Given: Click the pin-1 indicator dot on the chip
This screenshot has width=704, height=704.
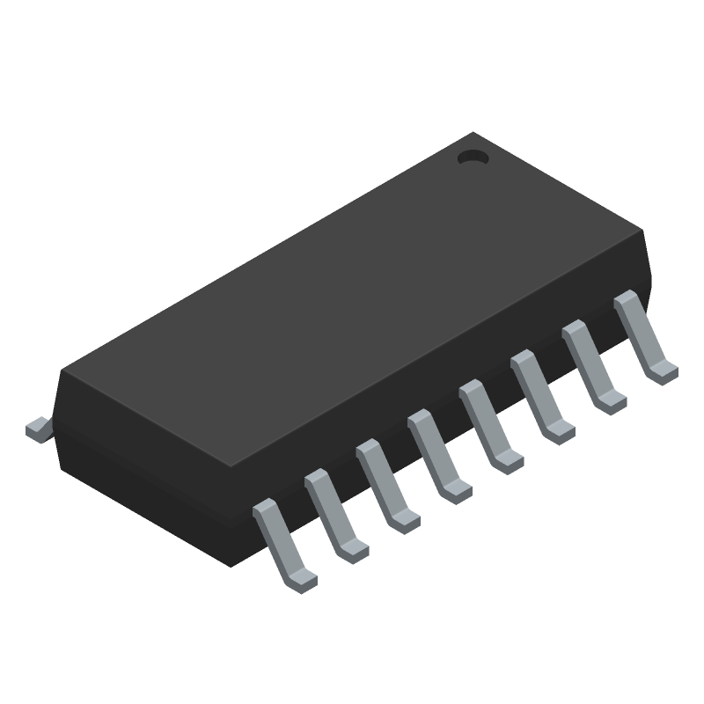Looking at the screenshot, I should coord(473,158).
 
